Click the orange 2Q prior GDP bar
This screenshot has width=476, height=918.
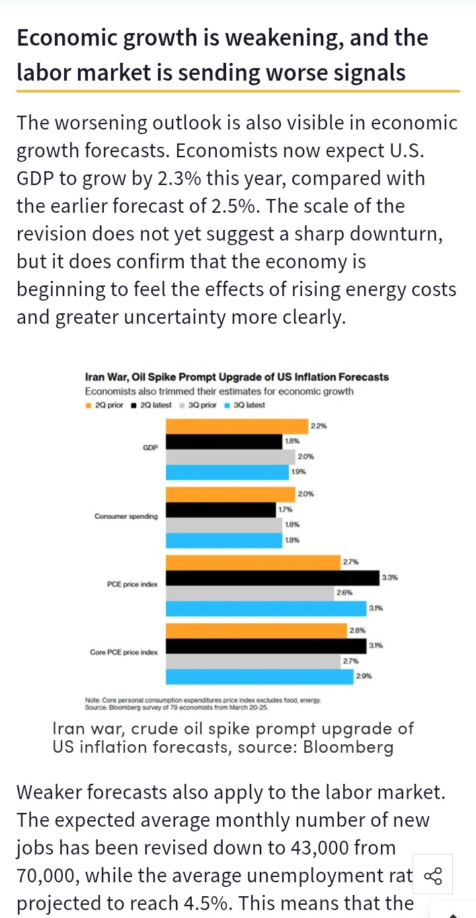pyautogui.click(x=237, y=426)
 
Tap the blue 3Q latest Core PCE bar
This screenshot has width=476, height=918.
pyautogui.click(x=259, y=676)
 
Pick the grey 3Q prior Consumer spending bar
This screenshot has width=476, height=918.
pyautogui.click(x=223, y=525)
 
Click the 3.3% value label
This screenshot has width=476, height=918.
pyautogui.click(x=389, y=578)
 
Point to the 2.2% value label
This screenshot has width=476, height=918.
pyautogui.click(x=318, y=426)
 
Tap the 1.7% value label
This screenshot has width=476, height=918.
pyautogui.click(x=285, y=510)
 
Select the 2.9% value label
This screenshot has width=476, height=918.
pyautogui.click(x=364, y=676)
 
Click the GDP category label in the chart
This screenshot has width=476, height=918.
pyautogui.click(x=150, y=448)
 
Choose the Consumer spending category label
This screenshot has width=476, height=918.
pyautogui.click(x=126, y=516)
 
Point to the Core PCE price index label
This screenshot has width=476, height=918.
pyautogui.click(x=124, y=652)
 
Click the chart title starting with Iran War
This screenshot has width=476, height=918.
pyautogui.click(x=237, y=377)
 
